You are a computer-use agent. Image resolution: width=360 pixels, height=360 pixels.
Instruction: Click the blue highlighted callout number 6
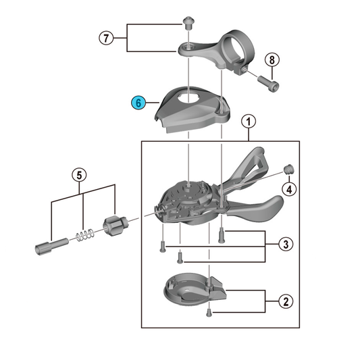pyautogui.click(x=138, y=103)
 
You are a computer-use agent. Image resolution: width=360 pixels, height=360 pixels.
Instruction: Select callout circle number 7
pyautogui.click(x=106, y=38)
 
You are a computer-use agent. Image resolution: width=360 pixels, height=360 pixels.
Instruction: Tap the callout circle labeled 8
pyautogui.click(x=272, y=59)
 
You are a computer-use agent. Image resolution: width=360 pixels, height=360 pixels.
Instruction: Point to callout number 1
pyautogui.click(x=249, y=122)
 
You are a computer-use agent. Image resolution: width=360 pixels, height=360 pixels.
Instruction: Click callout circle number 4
pyautogui.click(x=289, y=189)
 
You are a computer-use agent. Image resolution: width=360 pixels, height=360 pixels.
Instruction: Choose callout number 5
pyautogui.click(x=79, y=176)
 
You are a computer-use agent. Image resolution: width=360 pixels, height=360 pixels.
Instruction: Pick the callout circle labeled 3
pyautogui.click(x=286, y=244)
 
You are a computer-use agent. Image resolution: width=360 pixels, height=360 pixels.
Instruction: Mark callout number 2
pyautogui.click(x=286, y=301)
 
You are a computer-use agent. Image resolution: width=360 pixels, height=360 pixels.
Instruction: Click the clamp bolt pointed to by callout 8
pyautogui.click(x=268, y=84)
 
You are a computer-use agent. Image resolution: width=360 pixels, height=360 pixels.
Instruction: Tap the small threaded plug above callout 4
pyautogui.click(x=289, y=170)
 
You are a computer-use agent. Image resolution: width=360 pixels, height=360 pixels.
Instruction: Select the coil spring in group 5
pyautogui.click(x=85, y=235)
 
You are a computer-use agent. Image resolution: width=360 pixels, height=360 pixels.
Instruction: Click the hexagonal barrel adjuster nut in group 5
pyautogui.click(x=115, y=226)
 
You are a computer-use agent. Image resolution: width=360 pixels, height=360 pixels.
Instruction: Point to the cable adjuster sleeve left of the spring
pyautogui.click(x=52, y=247)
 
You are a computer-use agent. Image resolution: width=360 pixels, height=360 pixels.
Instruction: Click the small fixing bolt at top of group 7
pyautogui.click(x=188, y=23)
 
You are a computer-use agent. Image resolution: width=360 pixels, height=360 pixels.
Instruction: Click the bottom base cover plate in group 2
pyautogui.click(x=195, y=290)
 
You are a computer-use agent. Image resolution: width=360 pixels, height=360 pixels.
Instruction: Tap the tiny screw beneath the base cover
pyautogui.click(x=209, y=313)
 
